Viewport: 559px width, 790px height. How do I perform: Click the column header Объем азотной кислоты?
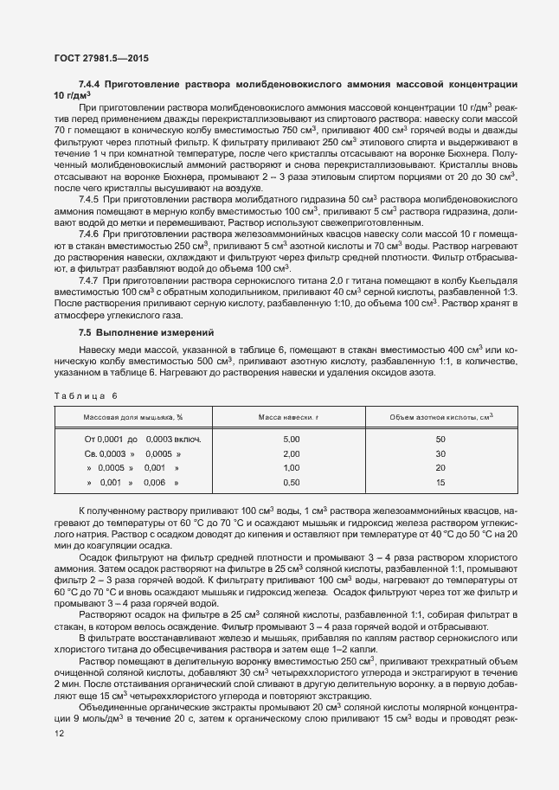[x=440, y=417]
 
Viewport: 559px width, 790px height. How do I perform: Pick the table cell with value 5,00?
[x=291, y=440]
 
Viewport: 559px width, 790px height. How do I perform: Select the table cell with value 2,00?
[x=291, y=453]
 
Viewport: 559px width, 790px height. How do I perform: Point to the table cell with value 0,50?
[x=291, y=481]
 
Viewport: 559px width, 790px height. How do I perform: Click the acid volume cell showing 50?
[x=440, y=440]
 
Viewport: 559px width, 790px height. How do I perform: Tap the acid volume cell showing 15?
[x=440, y=481]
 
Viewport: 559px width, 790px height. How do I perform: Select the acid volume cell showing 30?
[x=440, y=453]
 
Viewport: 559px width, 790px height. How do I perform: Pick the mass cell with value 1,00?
[x=291, y=467]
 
